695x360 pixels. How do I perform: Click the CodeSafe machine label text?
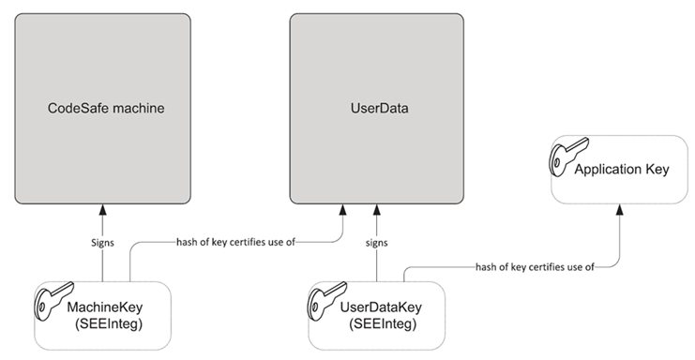106,109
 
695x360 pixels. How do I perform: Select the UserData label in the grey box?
376,109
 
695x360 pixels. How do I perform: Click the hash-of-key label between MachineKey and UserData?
235,242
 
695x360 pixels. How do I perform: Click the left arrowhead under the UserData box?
344,210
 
